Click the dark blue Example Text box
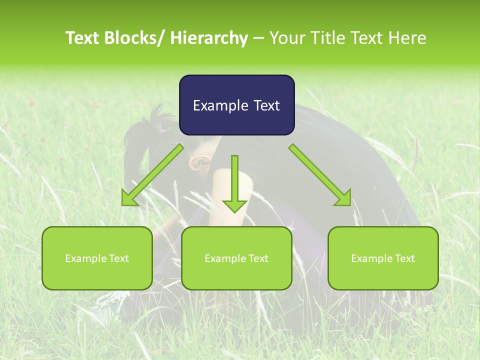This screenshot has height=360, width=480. point(236,105)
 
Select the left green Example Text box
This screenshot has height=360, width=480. point(97,258)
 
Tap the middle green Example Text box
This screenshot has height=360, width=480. point(236,258)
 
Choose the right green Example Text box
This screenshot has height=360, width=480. point(383,258)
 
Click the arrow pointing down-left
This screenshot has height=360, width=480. point(152,175)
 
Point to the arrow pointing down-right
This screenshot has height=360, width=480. point(320,175)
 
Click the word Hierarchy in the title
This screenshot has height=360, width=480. point(209,38)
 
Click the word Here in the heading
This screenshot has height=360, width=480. point(406,38)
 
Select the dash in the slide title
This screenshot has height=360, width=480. point(258,38)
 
